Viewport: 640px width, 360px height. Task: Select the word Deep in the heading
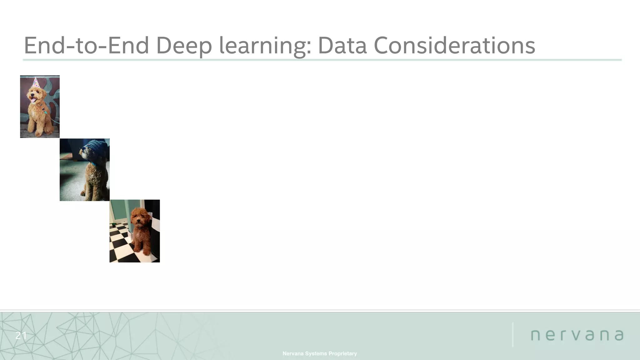pyautogui.click(x=184, y=46)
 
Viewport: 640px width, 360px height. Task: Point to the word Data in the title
pyautogui.click(x=342, y=46)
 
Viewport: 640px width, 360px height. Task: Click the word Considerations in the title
pyautogui.click(x=454, y=46)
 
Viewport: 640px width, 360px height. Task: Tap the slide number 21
pyautogui.click(x=21, y=336)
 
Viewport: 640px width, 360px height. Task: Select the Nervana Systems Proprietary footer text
pyautogui.click(x=319, y=353)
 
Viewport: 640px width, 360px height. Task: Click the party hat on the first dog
pyautogui.click(x=36, y=83)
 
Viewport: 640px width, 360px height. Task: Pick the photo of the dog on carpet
pyautogui.click(x=85, y=170)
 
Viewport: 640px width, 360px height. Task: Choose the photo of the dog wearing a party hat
pyautogui.click(x=40, y=107)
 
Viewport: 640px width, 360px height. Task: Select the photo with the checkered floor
pyautogui.click(x=135, y=231)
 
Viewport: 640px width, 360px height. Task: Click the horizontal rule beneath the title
pyautogui.click(x=322, y=60)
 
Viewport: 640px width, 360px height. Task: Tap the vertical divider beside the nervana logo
pyautogui.click(x=513, y=334)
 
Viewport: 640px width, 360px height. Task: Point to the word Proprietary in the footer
pyautogui.click(x=342, y=353)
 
